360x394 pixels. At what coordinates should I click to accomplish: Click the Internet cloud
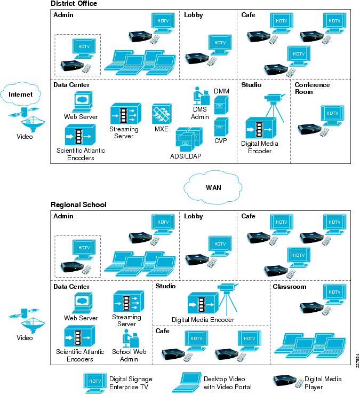[20, 94]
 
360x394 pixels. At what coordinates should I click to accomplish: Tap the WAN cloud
[213, 187]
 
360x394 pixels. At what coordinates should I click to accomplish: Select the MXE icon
[162, 114]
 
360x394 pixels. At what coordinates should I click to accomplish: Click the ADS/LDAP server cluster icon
[189, 139]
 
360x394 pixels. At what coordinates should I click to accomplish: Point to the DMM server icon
[221, 105]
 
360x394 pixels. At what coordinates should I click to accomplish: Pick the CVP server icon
[221, 127]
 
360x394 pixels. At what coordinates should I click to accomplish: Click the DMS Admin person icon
[202, 96]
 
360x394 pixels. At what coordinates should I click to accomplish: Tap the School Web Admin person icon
[131, 338]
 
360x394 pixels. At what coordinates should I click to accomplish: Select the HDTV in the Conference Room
[332, 116]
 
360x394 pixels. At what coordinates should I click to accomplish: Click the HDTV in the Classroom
[334, 295]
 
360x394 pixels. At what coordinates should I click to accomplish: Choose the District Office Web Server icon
[82, 102]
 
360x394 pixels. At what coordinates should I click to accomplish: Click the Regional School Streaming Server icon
[129, 301]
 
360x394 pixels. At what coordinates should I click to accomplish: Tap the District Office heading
[74, 4]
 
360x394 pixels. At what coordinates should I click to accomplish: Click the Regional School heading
[78, 204]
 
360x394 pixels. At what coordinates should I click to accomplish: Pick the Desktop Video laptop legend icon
[187, 382]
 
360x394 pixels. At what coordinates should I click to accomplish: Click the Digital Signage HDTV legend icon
[95, 383]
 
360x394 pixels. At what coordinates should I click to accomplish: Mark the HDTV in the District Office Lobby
[220, 45]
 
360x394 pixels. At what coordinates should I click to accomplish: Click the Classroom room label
[290, 287]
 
